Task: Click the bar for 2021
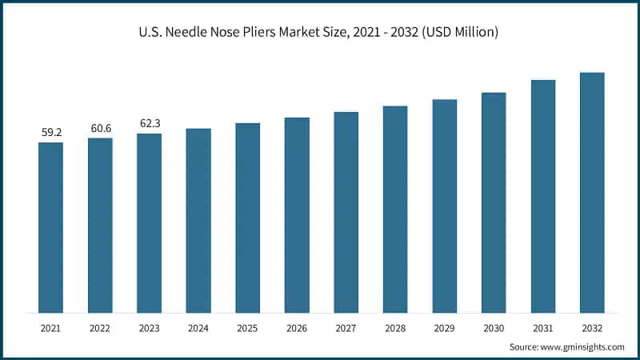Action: point(50,227)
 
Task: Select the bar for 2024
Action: point(198,220)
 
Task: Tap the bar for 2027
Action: point(346,212)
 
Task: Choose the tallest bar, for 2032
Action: point(592,192)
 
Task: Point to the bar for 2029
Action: point(444,206)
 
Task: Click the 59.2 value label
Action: point(50,132)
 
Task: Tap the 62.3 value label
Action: point(149,123)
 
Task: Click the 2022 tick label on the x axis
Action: point(100,327)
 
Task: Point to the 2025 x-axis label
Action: point(247,327)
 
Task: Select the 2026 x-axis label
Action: point(297,327)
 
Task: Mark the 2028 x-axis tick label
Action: point(395,327)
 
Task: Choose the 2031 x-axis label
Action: point(542,327)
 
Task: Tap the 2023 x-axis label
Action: point(149,327)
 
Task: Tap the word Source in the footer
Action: point(525,347)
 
